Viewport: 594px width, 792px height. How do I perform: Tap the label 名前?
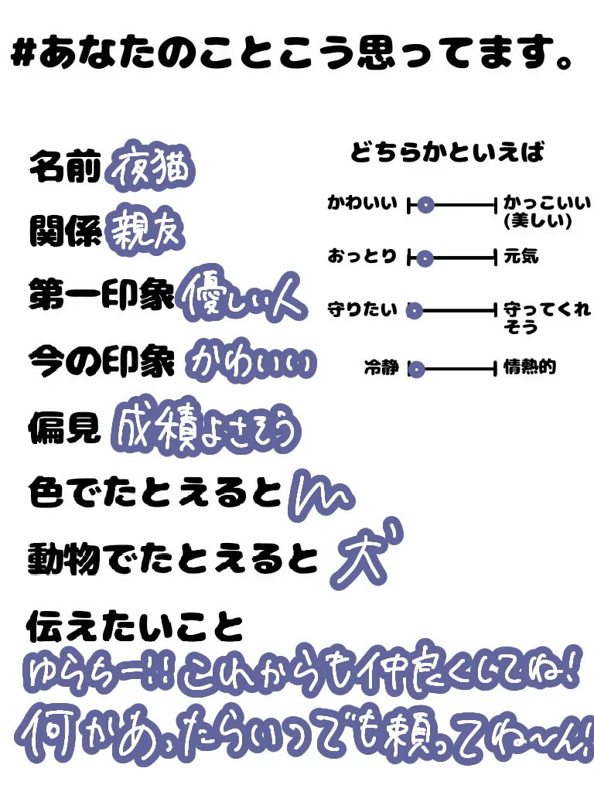tap(65, 166)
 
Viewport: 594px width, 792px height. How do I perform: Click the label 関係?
tap(65, 231)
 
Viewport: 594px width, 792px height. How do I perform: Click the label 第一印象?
tap(101, 295)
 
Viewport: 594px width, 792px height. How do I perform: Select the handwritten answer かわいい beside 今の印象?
tap(251, 360)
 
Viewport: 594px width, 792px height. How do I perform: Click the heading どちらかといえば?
tap(448, 152)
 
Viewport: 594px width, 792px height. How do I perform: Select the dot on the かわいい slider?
tap(425, 206)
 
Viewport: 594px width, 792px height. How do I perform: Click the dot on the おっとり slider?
tap(423, 258)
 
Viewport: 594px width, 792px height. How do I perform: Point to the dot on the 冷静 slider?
tap(416, 370)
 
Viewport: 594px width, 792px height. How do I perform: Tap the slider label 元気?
tap(521, 256)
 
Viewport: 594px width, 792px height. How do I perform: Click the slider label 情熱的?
tap(530, 367)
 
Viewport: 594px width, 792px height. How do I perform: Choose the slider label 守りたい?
tap(362, 310)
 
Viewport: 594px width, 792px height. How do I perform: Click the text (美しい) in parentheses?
tap(537, 222)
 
